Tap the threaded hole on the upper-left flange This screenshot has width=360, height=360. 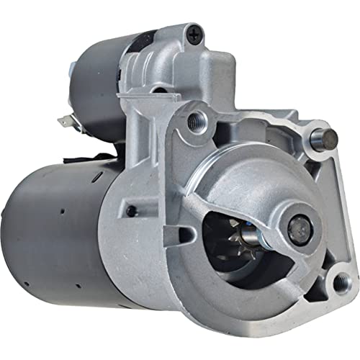click(x=193, y=121)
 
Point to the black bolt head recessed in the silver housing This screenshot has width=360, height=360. click(x=131, y=211)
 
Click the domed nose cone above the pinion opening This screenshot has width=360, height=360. click(x=245, y=176)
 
